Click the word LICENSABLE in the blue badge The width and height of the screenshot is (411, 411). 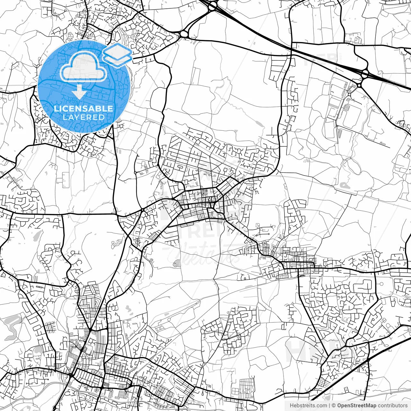(x=83, y=109)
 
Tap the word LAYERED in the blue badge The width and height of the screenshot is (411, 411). (x=83, y=118)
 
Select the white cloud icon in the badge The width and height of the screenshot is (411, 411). (x=84, y=66)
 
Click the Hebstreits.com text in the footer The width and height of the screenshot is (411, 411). (x=308, y=406)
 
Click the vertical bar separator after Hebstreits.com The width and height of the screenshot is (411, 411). (x=329, y=406)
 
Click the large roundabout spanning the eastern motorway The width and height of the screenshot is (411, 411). (x=365, y=74)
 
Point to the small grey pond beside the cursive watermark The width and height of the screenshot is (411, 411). (x=176, y=264)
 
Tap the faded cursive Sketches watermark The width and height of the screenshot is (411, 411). (x=205, y=254)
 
